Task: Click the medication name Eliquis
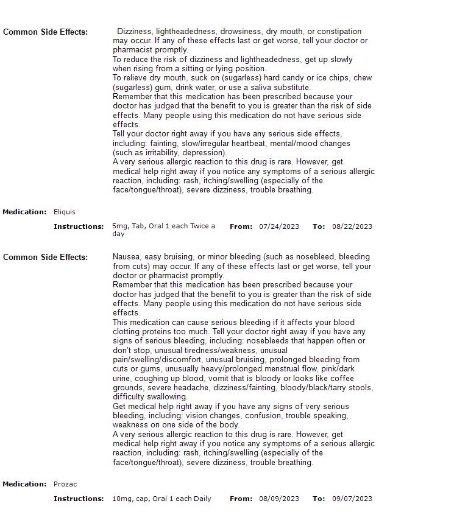pyautogui.click(x=65, y=212)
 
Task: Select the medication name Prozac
pyautogui.click(x=65, y=484)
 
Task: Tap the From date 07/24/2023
pyautogui.click(x=279, y=226)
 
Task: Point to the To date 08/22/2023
pyautogui.click(x=352, y=226)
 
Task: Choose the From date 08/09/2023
pyautogui.click(x=279, y=499)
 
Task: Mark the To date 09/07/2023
pyautogui.click(x=352, y=499)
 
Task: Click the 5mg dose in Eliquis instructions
pyautogui.click(x=120, y=226)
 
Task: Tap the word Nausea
pyautogui.click(x=127, y=257)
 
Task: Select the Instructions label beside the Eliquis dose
pyautogui.click(x=79, y=226)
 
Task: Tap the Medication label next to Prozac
pyautogui.click(x=24, y=484)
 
